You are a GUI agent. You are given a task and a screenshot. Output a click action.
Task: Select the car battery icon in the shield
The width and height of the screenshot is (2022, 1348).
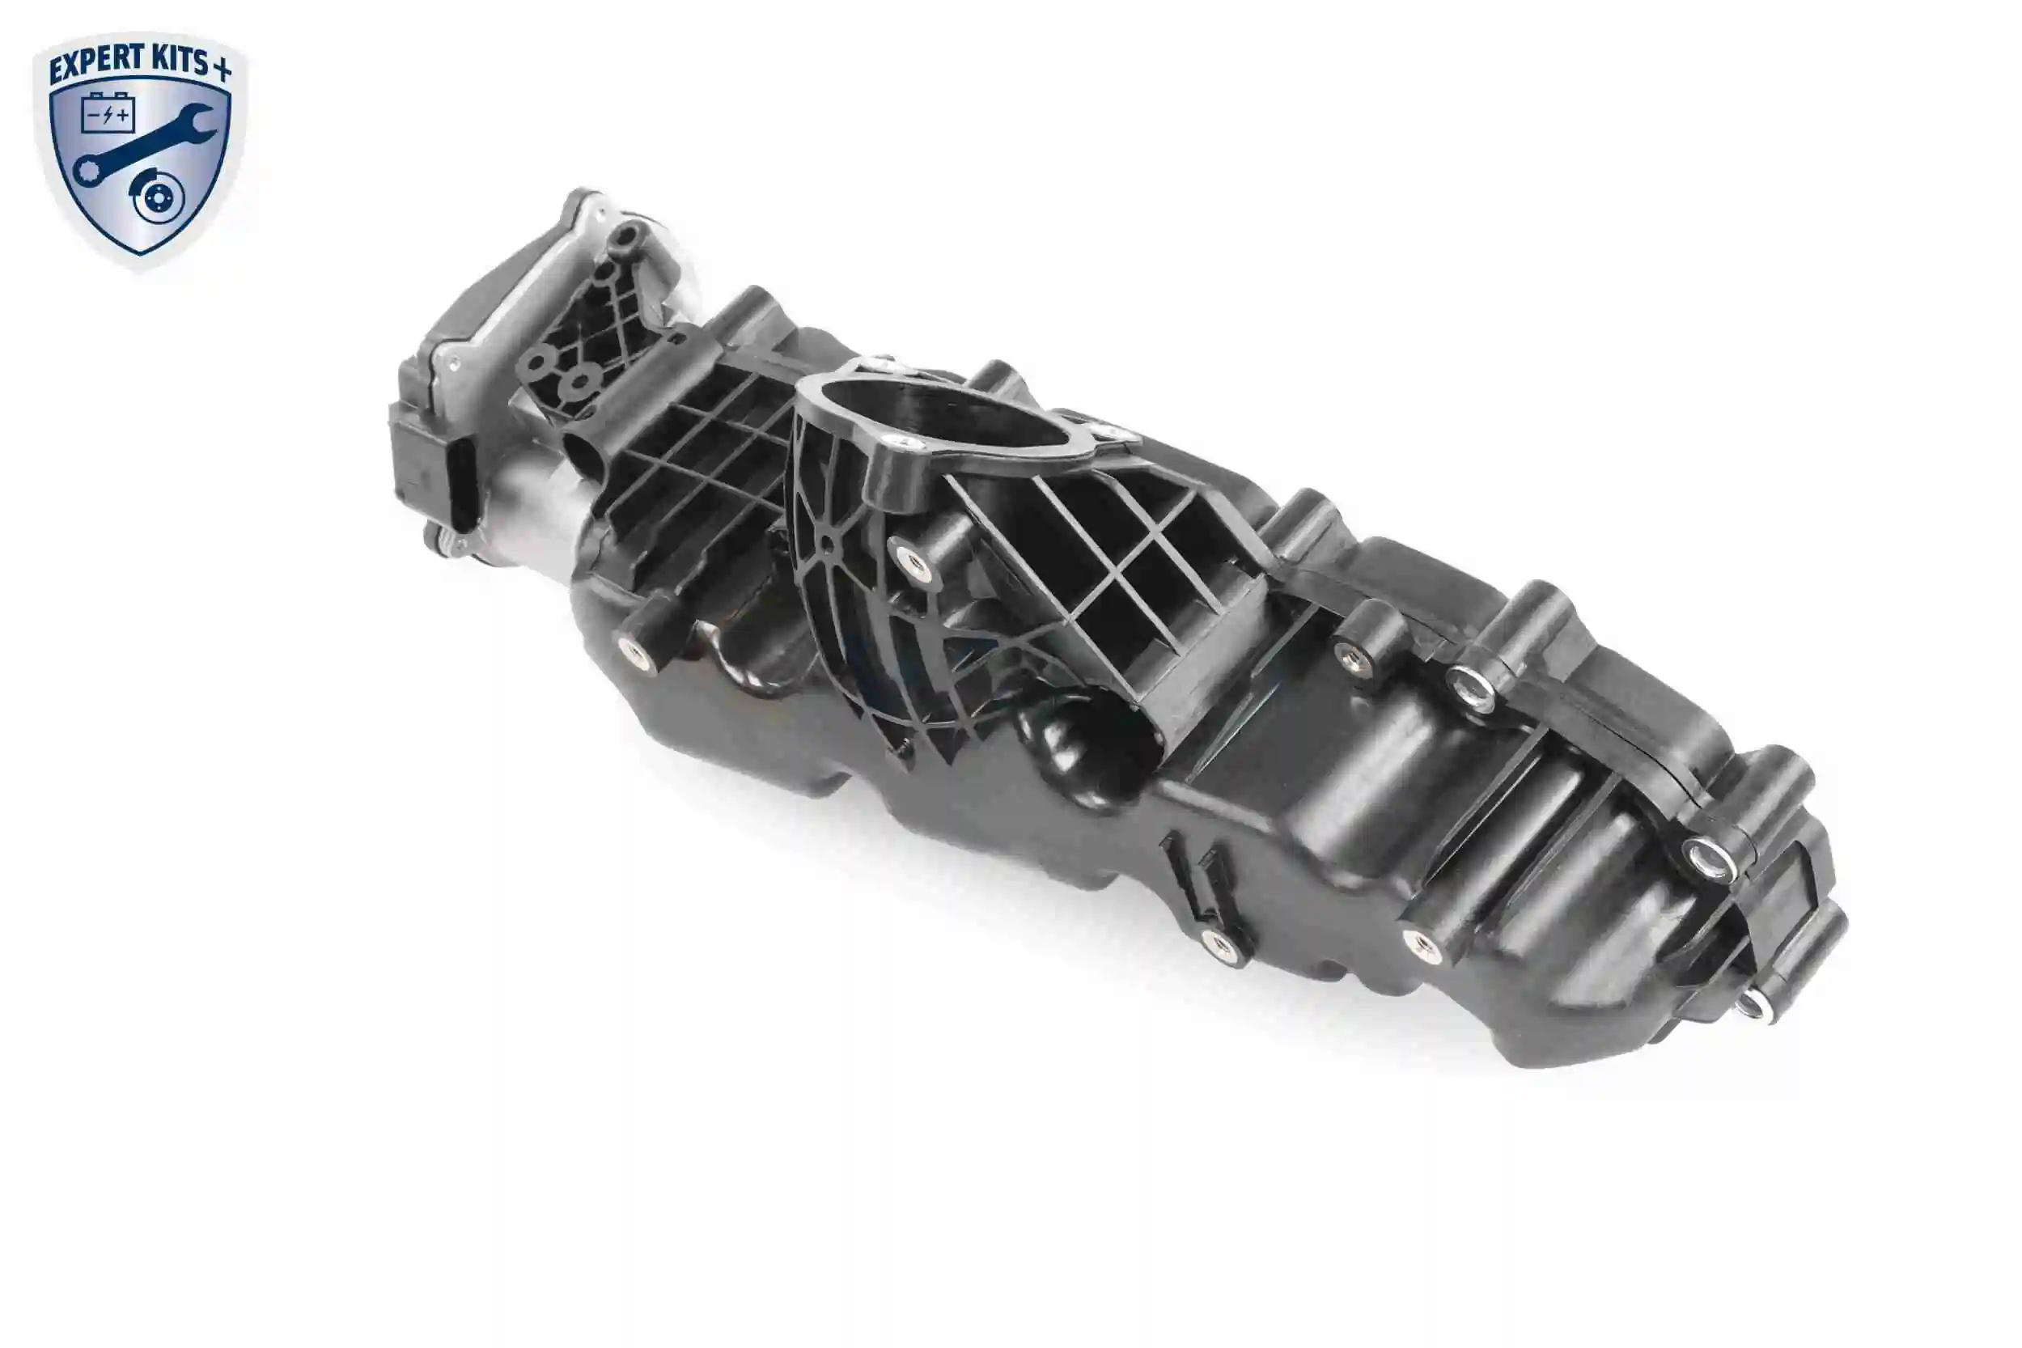[108, 113]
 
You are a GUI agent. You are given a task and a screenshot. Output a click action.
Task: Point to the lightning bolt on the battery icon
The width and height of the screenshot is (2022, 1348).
[108, 115]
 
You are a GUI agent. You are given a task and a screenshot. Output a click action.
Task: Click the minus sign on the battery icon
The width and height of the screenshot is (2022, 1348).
[93, 115]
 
